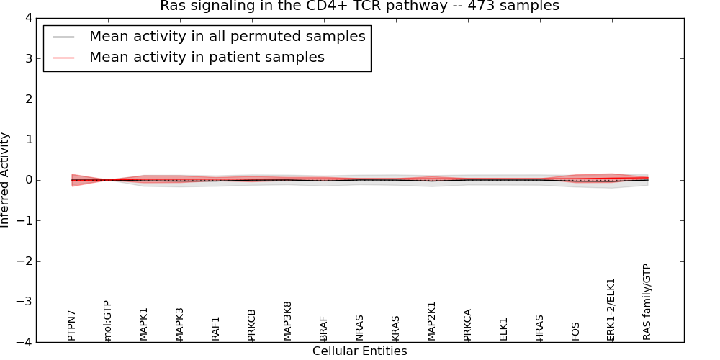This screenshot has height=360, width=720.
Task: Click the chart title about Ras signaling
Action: click(x=359, y=6)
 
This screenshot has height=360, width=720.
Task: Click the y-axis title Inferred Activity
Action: click(x=6, y=180)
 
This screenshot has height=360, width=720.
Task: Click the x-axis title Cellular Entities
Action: click(x=359, y=351)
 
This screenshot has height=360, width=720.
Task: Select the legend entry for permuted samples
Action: click(x=227, y=37)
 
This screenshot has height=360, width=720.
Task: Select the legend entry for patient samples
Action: click(x=207, y=58)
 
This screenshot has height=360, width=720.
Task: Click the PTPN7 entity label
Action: click(x=72, y=325)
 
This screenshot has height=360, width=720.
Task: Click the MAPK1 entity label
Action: click(x=144, y=324)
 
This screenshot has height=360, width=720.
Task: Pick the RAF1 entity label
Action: click(x=216, y=328)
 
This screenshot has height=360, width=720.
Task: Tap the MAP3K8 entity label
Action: click(x=288, y=321)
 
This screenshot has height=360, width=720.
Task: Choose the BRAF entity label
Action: click(x=324, y=328)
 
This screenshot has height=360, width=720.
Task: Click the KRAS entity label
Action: click(x=396, y=328)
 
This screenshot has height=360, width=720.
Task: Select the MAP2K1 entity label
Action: click(x=432, y=321)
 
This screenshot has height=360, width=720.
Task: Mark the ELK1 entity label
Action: click(x=504, y=328)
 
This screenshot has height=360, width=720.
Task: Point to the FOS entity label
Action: click(x=576, y=331)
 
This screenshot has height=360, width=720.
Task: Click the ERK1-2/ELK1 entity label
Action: click(x=612, y=310)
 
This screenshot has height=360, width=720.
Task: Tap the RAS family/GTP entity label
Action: click(x=647, y=302)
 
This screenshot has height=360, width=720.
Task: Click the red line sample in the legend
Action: click(x=63, y=58)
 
